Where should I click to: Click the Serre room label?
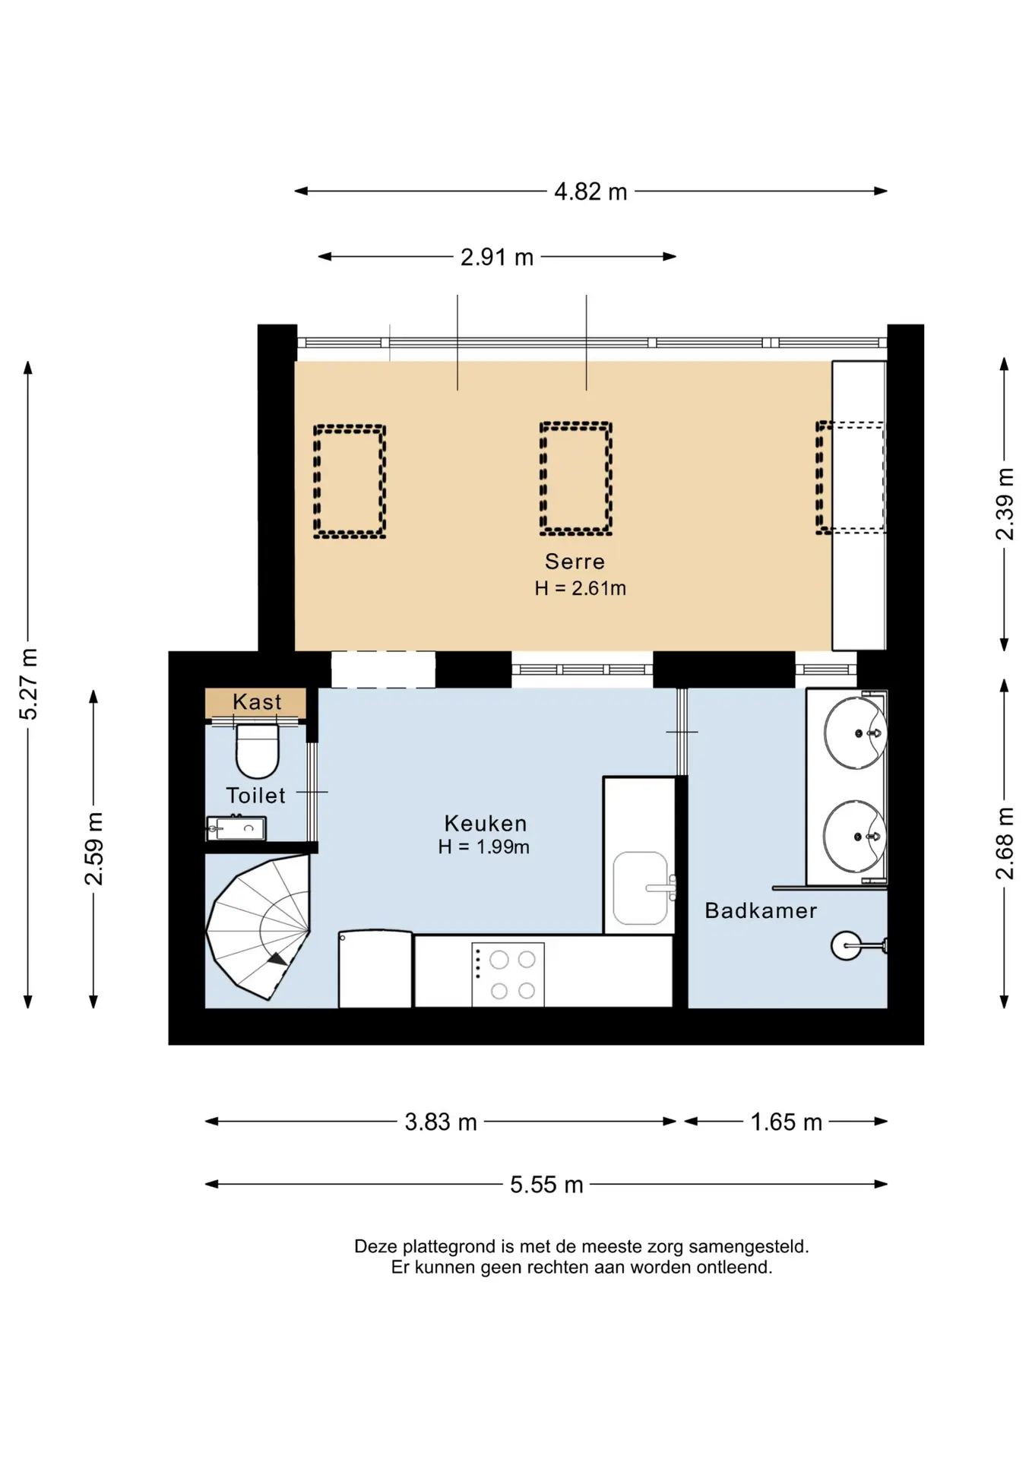575,562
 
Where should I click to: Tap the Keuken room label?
486,824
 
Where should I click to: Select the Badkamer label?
761,910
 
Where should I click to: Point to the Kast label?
257,701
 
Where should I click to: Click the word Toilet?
255,796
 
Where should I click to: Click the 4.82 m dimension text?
590,191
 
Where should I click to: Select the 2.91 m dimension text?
497,257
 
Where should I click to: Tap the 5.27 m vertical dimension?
28,684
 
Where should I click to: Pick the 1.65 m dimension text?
787,1122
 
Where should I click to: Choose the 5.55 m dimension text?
546,1185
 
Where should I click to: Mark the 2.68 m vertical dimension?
1005,843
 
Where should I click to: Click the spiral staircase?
258,927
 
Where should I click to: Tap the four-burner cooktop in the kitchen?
508,975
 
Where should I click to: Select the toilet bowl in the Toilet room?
258,751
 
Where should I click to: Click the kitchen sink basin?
641,888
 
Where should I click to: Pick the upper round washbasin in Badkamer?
855,733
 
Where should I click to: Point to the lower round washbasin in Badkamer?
855,836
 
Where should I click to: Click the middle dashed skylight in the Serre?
575,478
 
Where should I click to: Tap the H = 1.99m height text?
483,847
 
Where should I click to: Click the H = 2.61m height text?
580,588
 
